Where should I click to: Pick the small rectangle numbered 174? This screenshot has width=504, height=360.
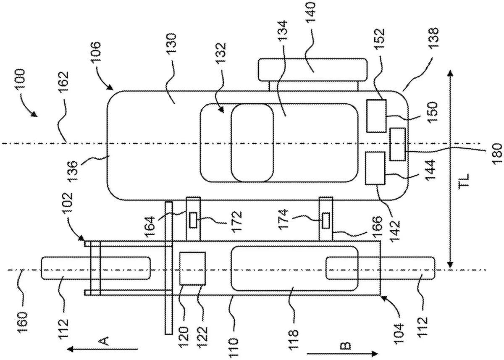(325, 220)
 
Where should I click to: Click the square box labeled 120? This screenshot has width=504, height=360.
(192, 268)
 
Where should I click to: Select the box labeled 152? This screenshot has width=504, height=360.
(376, 116)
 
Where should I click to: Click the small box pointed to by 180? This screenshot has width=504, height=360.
(397, 144)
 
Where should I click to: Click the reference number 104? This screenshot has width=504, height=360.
(398, 331)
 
